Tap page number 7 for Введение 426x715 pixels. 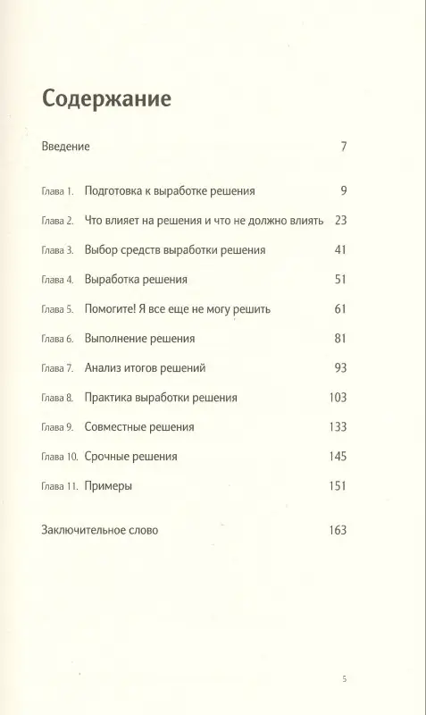(x=343, y=147)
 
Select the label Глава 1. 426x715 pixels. (x=59, y=191)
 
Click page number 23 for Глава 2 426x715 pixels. (x=339, y=220)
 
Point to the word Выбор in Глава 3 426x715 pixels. (x=101, y=250)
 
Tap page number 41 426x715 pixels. (x=339, y=250)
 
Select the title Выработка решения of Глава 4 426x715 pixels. (x=136, y=280)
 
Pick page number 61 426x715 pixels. (x=339, y=309)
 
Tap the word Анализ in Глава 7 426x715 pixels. (x=103, y=368)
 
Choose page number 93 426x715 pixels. (x=339, y=368)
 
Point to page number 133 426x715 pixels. (x=337, y=427)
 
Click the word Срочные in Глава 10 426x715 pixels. (x=108, y=457)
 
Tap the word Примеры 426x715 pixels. (x=108, y=486)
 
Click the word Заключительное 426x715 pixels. (x=86, y=530)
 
